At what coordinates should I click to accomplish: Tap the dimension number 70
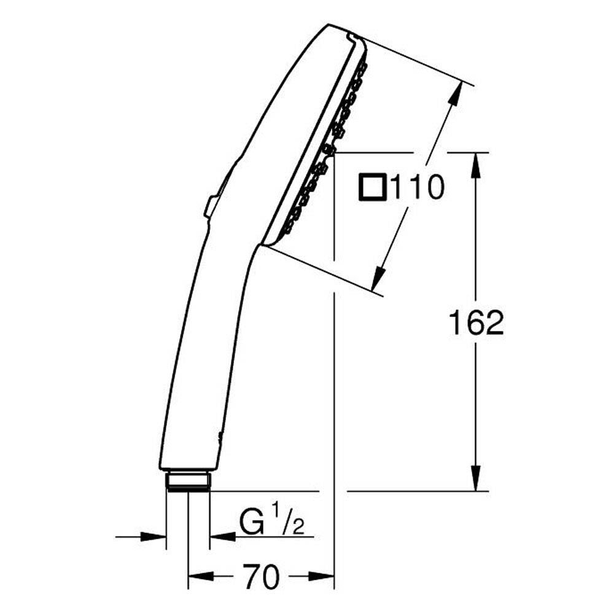click(261, 576)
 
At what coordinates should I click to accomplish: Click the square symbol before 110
click(373, 187)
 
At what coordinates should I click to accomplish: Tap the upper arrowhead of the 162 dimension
click(476, 165)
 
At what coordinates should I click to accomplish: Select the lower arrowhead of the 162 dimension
click(476, 478)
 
